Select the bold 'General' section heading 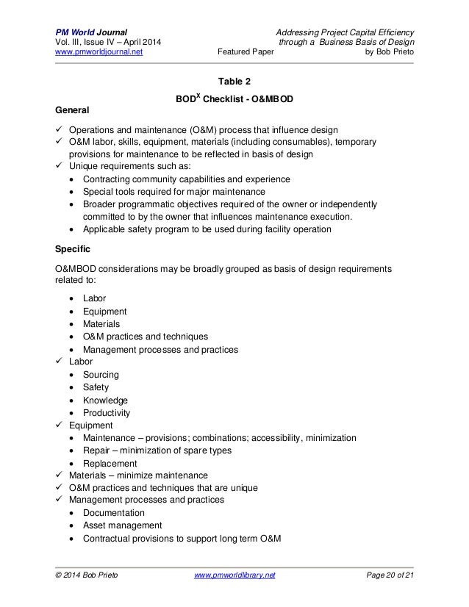pos(75,109)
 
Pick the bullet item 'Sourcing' pos(101,374)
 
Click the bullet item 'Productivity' pos(108,412)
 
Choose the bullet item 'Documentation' pos(114,512)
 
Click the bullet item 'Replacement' pos(110,463)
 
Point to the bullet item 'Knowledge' pos(105,400)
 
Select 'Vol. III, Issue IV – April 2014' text pos(112,42)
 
